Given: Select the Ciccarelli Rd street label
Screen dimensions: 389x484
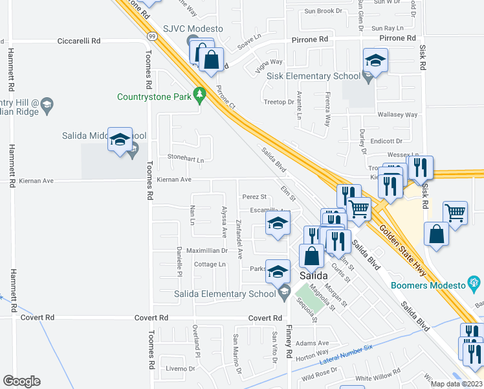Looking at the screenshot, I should click(79, 40).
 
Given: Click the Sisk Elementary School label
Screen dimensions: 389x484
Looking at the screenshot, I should click(314, 76).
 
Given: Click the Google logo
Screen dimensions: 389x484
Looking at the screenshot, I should click(21, 381).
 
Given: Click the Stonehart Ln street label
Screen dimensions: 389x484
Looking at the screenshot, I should click(186, 158).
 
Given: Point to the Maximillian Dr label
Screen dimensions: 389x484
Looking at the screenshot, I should click(203, 250).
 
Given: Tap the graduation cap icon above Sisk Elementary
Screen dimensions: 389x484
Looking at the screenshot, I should click(374, 60).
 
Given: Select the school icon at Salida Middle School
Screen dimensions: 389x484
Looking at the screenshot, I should click(120, 139).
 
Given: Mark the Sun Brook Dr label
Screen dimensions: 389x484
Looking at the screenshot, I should click(323, 11).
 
